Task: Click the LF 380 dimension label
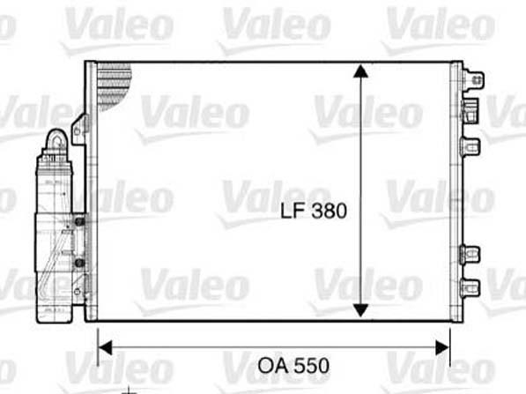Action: pos(314,211)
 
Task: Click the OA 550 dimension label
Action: pos(293,366)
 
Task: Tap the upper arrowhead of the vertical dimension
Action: pos(360,71)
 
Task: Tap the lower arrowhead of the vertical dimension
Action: pos(360,310)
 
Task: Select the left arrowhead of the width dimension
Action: pos(105,347)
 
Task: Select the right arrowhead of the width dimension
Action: pos(442,347)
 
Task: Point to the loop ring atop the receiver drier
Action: pos(59,142)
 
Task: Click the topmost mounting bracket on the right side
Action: pos(473,80)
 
